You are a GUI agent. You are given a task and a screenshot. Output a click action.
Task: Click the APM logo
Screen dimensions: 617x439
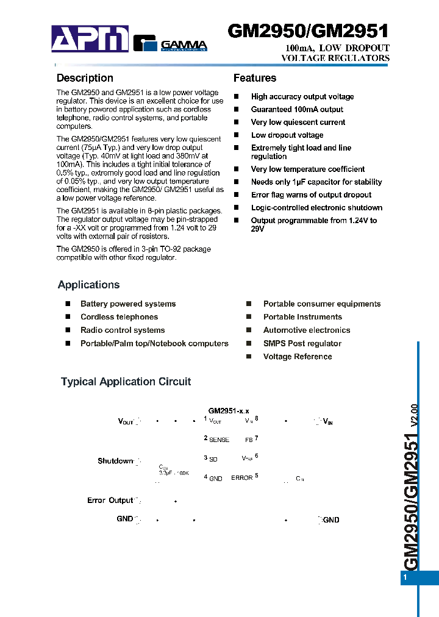click(90, 39)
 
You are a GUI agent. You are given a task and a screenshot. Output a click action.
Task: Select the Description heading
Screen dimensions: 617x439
click(85, 78)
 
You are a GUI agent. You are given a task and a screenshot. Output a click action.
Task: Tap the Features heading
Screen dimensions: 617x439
click(255, 78)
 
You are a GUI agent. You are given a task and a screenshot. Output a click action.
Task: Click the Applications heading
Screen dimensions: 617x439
click(88, 285)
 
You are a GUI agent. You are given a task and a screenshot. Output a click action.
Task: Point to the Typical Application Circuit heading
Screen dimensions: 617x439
click(126, 382)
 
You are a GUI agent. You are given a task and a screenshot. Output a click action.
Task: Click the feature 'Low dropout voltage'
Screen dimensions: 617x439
click(287, 135)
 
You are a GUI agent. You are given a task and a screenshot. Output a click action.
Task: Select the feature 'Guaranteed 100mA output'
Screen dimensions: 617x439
click(297, 110)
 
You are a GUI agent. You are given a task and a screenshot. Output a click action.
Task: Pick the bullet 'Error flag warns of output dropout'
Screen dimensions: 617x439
click(311, 195)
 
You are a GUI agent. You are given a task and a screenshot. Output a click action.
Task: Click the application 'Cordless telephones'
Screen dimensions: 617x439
click(119, 317)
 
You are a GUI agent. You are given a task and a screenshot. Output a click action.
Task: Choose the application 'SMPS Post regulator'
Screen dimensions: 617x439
click(302, 344)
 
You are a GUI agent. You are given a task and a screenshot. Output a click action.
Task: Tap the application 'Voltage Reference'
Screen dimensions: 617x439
click(298, 357)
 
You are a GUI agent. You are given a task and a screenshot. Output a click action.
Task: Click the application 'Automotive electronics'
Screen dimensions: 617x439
click(307, 330)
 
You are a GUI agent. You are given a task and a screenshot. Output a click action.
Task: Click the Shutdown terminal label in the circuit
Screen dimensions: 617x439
click(115, 461)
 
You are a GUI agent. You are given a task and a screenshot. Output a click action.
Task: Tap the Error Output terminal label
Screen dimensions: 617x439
click(110, 501)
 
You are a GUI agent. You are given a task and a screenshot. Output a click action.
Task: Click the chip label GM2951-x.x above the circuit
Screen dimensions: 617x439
click(229, 411)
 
